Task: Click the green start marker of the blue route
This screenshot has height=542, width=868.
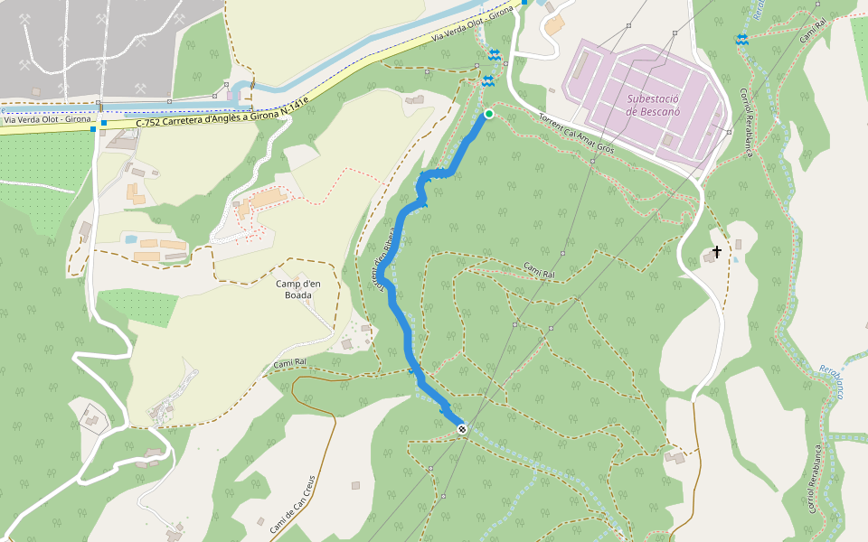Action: coord(489,114)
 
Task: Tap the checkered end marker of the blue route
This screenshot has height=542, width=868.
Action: coord(462,429)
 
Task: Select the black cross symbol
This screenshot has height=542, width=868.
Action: coord(717,252)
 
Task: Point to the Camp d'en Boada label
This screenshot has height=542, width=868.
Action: coord(298,289)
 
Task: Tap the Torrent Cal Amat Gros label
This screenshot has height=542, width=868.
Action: coord(576,133)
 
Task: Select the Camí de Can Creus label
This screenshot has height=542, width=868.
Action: coord(291,503)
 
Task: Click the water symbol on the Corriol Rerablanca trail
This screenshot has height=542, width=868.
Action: coord(741,39)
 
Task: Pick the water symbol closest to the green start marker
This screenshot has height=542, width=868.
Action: coord(488,81)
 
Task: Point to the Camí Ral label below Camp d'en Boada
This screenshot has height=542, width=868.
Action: coord(290,365)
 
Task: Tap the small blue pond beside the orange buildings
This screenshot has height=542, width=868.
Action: coord(132,239)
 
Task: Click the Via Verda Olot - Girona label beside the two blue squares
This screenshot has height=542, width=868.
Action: coord(47,119)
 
